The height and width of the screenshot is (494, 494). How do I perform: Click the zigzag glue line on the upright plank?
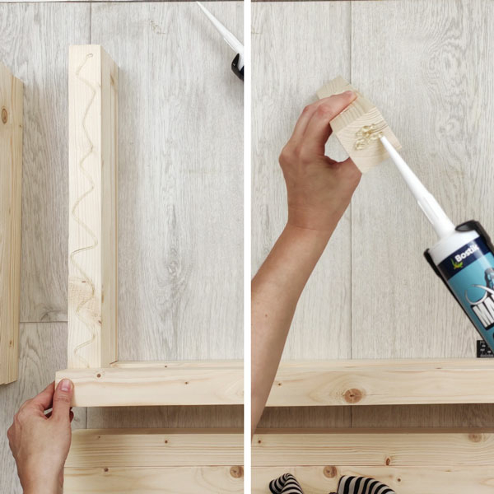point(86,206)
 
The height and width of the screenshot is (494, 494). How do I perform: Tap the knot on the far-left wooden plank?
point(3,116)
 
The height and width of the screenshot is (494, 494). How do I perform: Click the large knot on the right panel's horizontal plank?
point(353,395)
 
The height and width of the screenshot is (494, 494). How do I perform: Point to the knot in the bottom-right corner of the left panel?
point(235,472)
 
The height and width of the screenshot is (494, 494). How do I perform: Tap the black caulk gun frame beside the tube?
point(484,346)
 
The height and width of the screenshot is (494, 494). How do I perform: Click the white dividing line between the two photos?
point(247,247)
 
